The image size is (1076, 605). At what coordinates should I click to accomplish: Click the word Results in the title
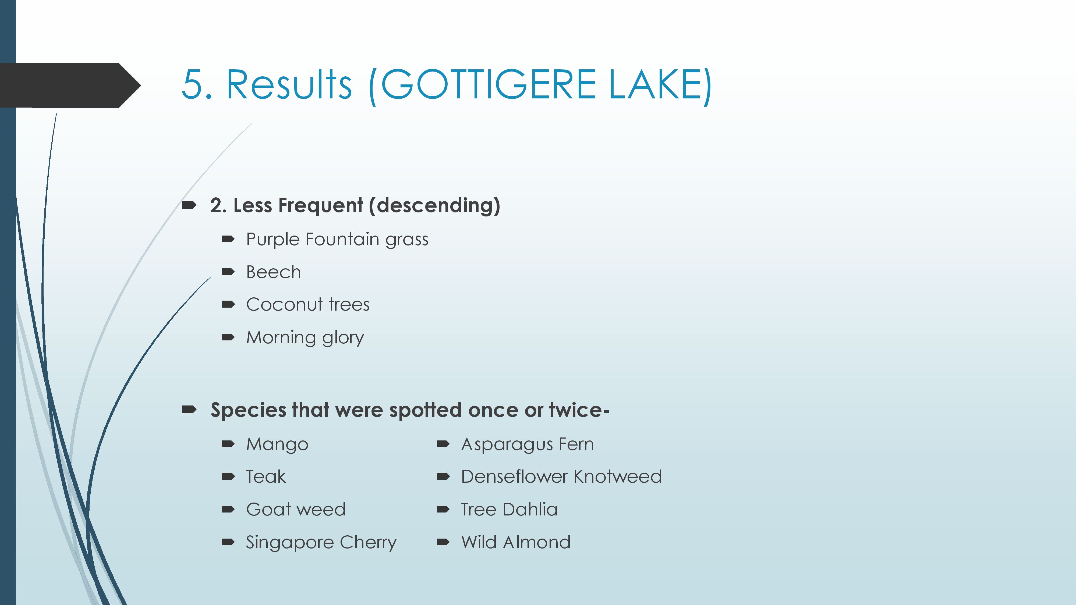coord(289,85)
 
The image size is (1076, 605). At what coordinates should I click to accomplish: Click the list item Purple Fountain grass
coord(337,240)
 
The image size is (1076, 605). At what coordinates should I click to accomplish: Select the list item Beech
coord(273,272)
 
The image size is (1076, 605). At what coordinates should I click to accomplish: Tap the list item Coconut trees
coord(308,304)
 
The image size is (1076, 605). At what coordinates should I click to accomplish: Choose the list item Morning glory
coord(305,337)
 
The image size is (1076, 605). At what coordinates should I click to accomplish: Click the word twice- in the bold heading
coord(579,410)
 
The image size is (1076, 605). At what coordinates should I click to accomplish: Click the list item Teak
coord(266,477)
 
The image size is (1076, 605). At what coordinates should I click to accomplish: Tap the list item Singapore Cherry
coord(321,542)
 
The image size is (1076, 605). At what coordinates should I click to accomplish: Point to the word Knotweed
coord(618,477)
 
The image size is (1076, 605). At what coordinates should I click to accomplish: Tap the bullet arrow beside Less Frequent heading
coord(189,205)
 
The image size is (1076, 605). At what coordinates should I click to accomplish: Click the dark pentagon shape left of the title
coord(70,86)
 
